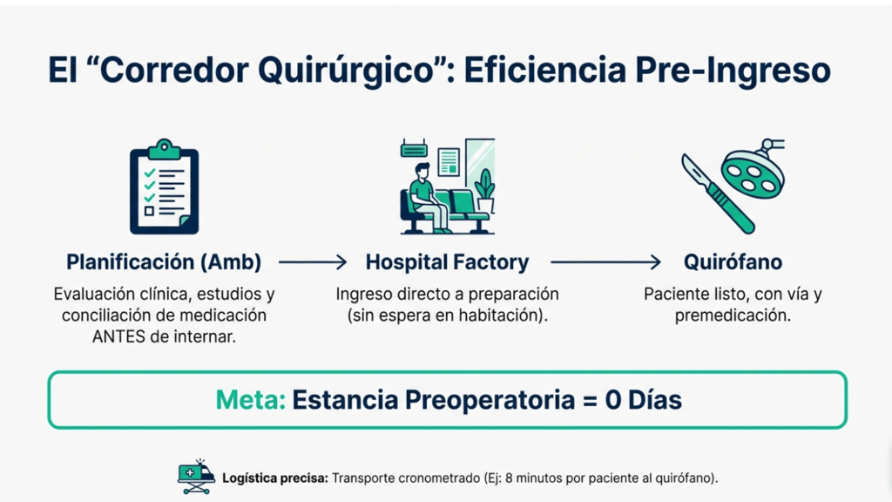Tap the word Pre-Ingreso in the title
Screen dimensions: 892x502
(x=733, y=71)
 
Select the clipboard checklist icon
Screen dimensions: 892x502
(x=165, y=187)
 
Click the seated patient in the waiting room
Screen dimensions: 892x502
(x=428, y=197)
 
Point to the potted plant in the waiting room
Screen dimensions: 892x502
(x=484, y=191)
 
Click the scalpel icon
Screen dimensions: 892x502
(x=718, y=193)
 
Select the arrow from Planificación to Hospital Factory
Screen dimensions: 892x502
(x=313, y=262)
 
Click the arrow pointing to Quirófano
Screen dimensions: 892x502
(x=605, y=262)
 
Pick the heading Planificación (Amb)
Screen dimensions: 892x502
(x=164, y=262)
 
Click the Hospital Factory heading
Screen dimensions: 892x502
(x=447, y=262)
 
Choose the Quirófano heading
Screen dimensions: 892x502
(x=733, y=262)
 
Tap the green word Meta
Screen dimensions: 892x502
(x=250, y=400)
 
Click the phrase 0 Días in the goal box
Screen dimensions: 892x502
(x=643, y=400)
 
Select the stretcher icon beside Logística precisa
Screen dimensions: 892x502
(x=196, y=477)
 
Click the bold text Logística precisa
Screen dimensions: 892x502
(x=275, y=478)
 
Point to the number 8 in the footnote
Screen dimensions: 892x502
(x=509, y=478)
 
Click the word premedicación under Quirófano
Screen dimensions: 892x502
(x=733, y=315)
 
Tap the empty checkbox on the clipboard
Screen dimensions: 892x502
(x=149, y=211)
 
